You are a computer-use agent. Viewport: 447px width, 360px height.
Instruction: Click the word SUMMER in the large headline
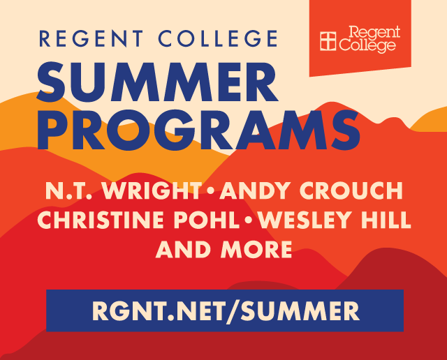[158, 82]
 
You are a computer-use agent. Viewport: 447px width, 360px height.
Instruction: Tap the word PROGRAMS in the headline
[198, 130]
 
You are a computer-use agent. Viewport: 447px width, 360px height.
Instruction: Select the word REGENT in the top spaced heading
[91, 38]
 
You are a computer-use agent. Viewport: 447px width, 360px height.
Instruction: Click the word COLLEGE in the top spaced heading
[218, 38]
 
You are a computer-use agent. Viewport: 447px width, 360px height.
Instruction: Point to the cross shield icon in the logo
[328, 41]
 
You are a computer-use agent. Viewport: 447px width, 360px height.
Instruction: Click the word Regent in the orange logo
[374, 33]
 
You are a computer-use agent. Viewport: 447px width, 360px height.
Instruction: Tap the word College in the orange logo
[367, 45]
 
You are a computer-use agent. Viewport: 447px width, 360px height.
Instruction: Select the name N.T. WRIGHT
[123, 190]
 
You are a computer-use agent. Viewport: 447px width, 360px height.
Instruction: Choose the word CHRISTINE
[101, 220]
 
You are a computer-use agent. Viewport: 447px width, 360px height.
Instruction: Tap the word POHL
[207, 220]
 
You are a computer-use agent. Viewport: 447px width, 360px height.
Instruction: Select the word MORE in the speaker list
[256, 249]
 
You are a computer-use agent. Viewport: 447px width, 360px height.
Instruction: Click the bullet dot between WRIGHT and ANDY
[210, 191]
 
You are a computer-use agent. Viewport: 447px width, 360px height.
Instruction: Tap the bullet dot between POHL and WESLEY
[249, 220]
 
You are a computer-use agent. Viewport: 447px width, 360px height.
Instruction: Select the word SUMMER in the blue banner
[300, 310]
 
